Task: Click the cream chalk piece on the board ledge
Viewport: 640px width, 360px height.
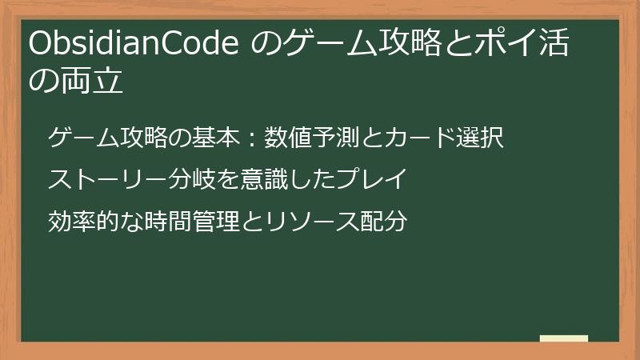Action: click(x=564, y=338)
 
